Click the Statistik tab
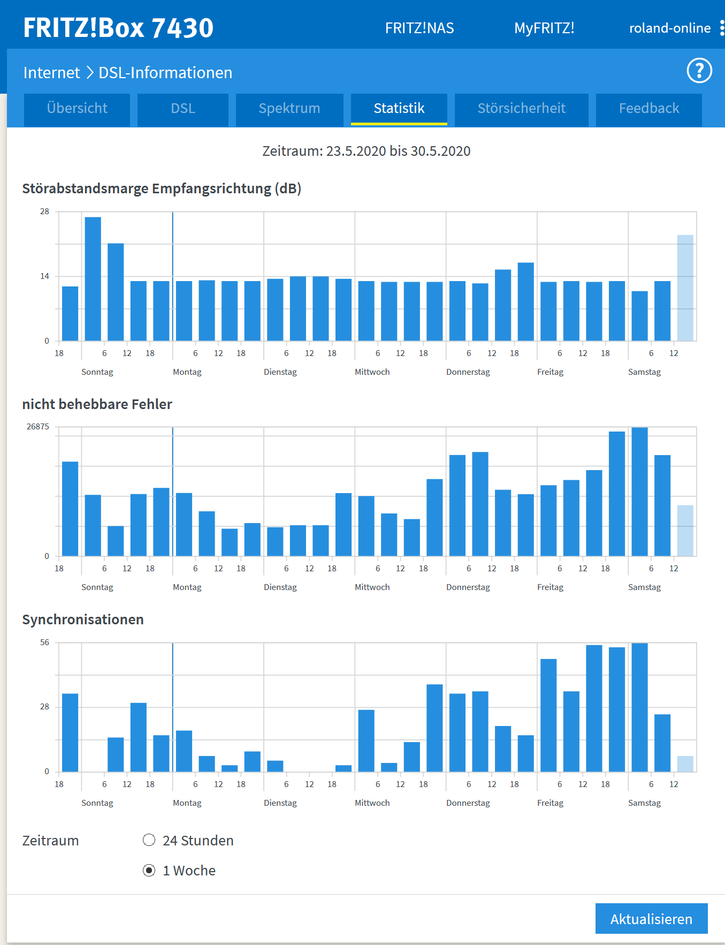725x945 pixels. (x=399, y=109)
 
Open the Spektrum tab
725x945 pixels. (x=289, y=109)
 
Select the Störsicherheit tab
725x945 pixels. (x=521, y=109)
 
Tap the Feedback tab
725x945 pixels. (x=648, y=109)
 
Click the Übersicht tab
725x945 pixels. (x=77, y=109)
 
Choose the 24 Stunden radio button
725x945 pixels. (x=149, y=840)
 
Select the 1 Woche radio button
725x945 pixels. (x=149, y=870)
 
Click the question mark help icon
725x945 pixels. (x=699, y=71)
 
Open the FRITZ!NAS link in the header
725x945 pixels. (x=419, y=28)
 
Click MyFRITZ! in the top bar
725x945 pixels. (x=544, y=28)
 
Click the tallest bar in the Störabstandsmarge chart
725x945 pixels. (x=93, y=278)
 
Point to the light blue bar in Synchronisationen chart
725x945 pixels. (x=685, y=764)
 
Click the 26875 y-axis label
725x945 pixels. (x=38, y=427)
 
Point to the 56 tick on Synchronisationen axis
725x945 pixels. (x=44, y=642)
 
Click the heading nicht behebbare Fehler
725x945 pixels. (x=97, y=404)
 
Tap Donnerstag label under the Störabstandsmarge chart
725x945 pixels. (x=468, y=372)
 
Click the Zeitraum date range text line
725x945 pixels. (x=366, y=151)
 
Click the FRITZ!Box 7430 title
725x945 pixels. (x=118, y=28)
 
